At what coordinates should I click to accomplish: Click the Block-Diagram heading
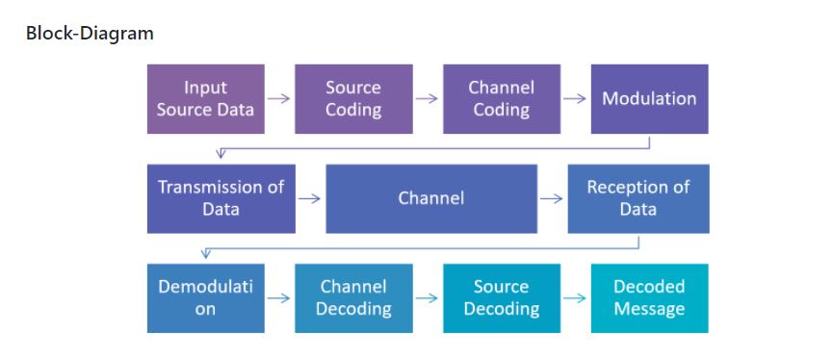(90, 34)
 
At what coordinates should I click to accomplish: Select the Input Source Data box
(205, 99)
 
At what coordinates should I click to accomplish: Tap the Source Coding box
(353, 99)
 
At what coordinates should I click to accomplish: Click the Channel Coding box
(501, 99)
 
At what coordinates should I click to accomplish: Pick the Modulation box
(649, 99)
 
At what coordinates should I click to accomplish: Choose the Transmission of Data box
(221, 198)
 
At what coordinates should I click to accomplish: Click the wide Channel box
(430, 198)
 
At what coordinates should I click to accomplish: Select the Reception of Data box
(637, 198)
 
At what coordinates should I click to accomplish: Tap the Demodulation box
(205, 298)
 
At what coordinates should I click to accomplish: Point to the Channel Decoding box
(353, 298)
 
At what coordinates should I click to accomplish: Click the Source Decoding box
(501, 298)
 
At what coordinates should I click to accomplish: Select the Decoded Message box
(649, 298)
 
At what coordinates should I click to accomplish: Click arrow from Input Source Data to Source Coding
(279, 99)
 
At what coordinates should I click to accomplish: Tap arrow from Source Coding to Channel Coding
(427, 99)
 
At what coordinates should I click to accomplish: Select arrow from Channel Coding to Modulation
(575, 99)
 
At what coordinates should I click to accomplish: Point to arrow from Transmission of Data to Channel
(310, 199)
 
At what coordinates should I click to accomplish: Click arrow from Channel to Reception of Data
(552, 199)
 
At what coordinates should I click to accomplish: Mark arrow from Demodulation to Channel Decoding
(279, 298)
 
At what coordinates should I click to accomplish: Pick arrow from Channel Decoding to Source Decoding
(427, 298)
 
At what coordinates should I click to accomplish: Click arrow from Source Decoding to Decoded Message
(575, 298)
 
